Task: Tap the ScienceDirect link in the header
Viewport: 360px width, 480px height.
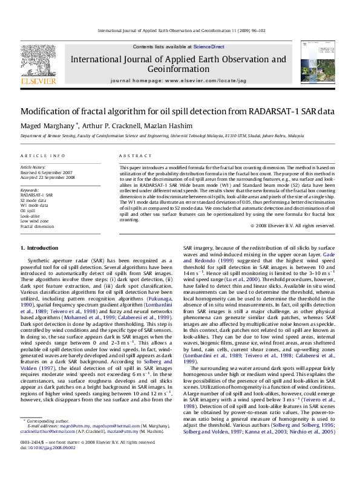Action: [x=209, y=47]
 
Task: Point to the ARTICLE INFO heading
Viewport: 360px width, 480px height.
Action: [x=43, y=156]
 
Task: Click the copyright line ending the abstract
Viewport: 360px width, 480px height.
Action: [x=292, y=225]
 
